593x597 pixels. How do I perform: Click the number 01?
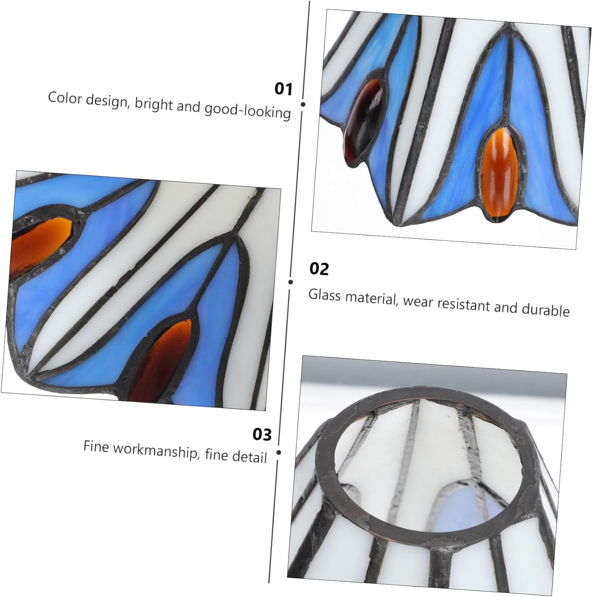[284, 89]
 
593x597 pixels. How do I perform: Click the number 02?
[319, 269]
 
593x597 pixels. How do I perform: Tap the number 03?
[262, 434]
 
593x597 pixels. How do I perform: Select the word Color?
[65, 98]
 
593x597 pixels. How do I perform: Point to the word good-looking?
[247, 111]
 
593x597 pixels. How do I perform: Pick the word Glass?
[325, 295]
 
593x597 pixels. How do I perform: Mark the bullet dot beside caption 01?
[303, 104]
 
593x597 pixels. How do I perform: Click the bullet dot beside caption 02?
[291, 282]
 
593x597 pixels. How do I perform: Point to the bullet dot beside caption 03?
[278, 453]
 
